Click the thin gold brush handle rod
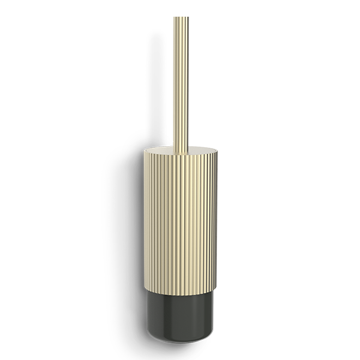click(x=181, y=82)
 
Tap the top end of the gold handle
click(x=181, y=18)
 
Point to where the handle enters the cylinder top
click(x=182, y=147)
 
